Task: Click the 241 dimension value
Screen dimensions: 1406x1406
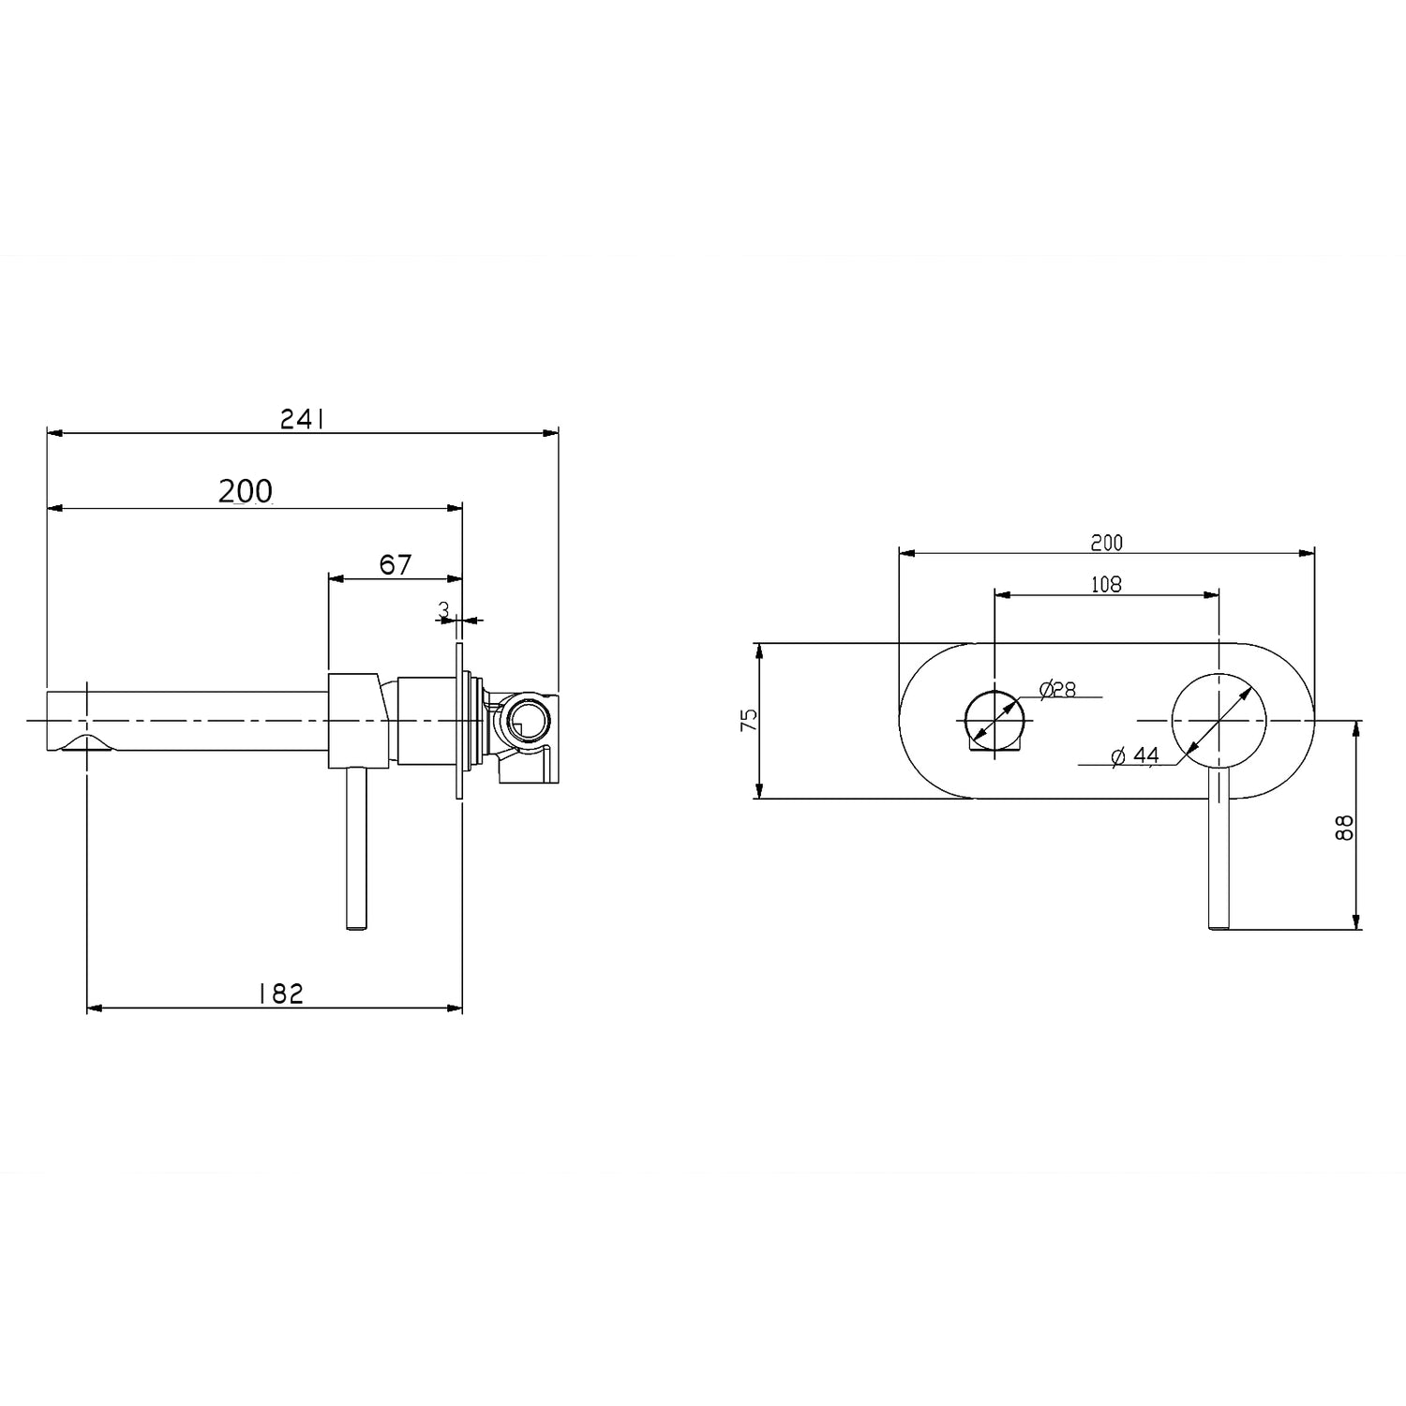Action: coord(303,420)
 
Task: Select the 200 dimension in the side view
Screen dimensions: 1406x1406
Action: coord(246,491)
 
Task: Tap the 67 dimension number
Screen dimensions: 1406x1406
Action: coord(395,565)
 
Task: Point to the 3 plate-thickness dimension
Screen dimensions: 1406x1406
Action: coord(443,609)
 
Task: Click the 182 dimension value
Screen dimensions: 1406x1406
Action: coord(280,994)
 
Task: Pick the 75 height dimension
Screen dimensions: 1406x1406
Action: coord(748,720)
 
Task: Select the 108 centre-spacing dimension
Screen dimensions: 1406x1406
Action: coord(1106,584)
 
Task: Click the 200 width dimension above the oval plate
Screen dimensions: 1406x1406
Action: coord(1106,542)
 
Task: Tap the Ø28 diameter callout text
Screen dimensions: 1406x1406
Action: coord(1057,689)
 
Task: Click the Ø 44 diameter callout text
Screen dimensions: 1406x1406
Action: coord(1135,755)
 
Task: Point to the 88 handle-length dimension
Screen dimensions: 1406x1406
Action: coord(1346,826)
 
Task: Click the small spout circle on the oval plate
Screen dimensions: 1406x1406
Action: coord(995,720)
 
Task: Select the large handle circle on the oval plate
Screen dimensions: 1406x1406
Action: coord(1219,720)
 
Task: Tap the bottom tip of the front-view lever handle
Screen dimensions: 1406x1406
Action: coord(1219,926)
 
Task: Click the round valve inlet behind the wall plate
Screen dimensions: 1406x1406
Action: coord(523,720)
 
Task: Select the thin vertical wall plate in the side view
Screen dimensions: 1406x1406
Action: coord(459,720)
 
